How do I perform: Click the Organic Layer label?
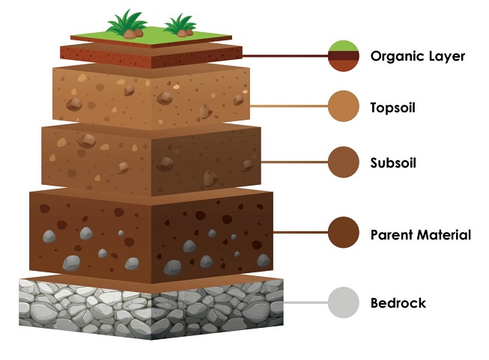coord(417,56)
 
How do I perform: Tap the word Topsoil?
coord(392,108)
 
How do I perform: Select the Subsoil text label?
coord(392,162)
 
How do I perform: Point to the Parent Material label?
coord(420,235)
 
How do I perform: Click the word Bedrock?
coord(398,303)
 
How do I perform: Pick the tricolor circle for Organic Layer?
coord(344,56)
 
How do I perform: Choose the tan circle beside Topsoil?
coord(344,107)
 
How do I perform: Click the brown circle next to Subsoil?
coord(344,162)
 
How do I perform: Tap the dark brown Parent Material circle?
coord(344,234)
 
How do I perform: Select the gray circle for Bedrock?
coord(344,303)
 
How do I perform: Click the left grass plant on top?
coord(127,25)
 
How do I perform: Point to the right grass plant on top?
coord(180,25)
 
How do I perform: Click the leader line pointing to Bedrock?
coord(307,303)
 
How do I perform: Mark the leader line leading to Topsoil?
coord(288,107)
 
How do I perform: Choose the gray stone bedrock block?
coord(150,307)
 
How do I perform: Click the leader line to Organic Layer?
coord(285,56)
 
